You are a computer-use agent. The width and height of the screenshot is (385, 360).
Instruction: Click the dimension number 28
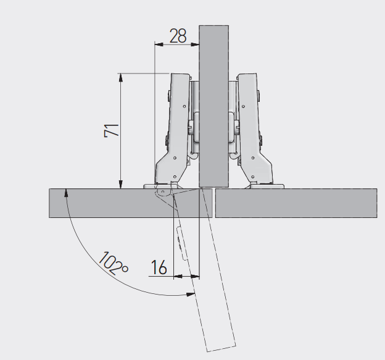pos(178,36)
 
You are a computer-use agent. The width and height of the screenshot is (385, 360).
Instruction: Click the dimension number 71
pos(112,130)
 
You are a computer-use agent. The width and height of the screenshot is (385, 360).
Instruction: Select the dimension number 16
pos(159,267)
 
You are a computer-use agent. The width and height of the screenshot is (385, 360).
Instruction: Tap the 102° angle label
pos(114,263)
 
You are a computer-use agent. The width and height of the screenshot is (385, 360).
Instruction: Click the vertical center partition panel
pos(214,106)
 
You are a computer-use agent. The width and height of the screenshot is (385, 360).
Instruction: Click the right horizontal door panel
pos(296,203)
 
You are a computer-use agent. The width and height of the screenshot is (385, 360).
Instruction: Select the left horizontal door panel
pos(131,203)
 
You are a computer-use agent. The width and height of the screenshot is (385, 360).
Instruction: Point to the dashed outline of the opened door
pos(205,270)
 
